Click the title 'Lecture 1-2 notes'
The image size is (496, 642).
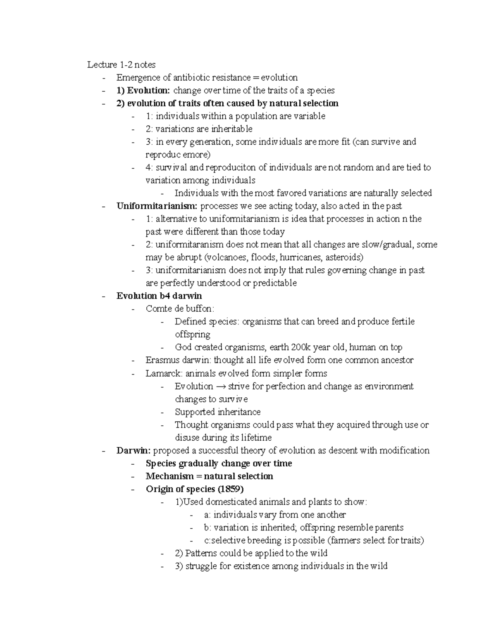tap(121, 64)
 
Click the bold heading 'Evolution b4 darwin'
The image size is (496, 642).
tap(159, 296)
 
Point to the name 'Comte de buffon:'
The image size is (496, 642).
tap(180, 308)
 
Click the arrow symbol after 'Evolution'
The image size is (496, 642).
tap(221, 386)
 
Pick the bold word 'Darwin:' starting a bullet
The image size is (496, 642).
tap(134, 450)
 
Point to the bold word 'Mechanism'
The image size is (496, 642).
tap(169, 476)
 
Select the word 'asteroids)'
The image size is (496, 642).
tap(344, 257)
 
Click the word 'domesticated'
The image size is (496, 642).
tap(232, 502)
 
